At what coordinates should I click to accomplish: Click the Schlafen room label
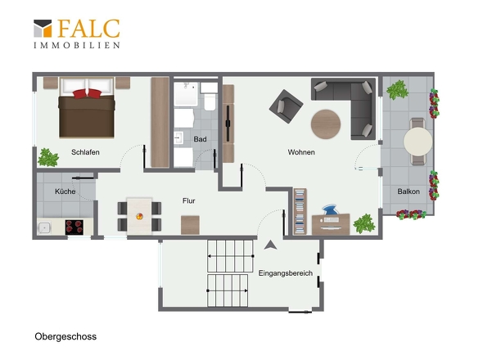[85, 152]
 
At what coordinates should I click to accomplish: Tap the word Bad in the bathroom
[200, 139]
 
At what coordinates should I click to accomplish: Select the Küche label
[65, 191]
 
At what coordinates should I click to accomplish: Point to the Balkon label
[409, 191]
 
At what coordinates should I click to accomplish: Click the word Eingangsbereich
[285, 273]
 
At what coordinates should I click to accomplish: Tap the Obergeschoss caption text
[65, 336]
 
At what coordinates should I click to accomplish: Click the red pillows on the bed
[87, 93]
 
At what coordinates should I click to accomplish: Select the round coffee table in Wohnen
[326, 124]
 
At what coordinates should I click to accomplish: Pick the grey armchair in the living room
[286, 106]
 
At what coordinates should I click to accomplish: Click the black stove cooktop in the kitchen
[74, 227]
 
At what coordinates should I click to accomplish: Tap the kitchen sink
[44, 228]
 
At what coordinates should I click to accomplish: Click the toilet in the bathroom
[210, 97]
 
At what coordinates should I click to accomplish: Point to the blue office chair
[330, 209]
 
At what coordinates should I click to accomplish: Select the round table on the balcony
[418, 142]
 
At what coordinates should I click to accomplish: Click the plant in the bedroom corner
[48, 157]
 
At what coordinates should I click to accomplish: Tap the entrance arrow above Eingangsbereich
[270, 245]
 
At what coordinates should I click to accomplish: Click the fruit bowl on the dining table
[139, 216]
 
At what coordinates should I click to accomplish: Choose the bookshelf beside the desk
[300, 211]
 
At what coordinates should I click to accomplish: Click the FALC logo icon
[43, 29]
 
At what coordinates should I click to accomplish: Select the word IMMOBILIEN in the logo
[77, 45]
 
